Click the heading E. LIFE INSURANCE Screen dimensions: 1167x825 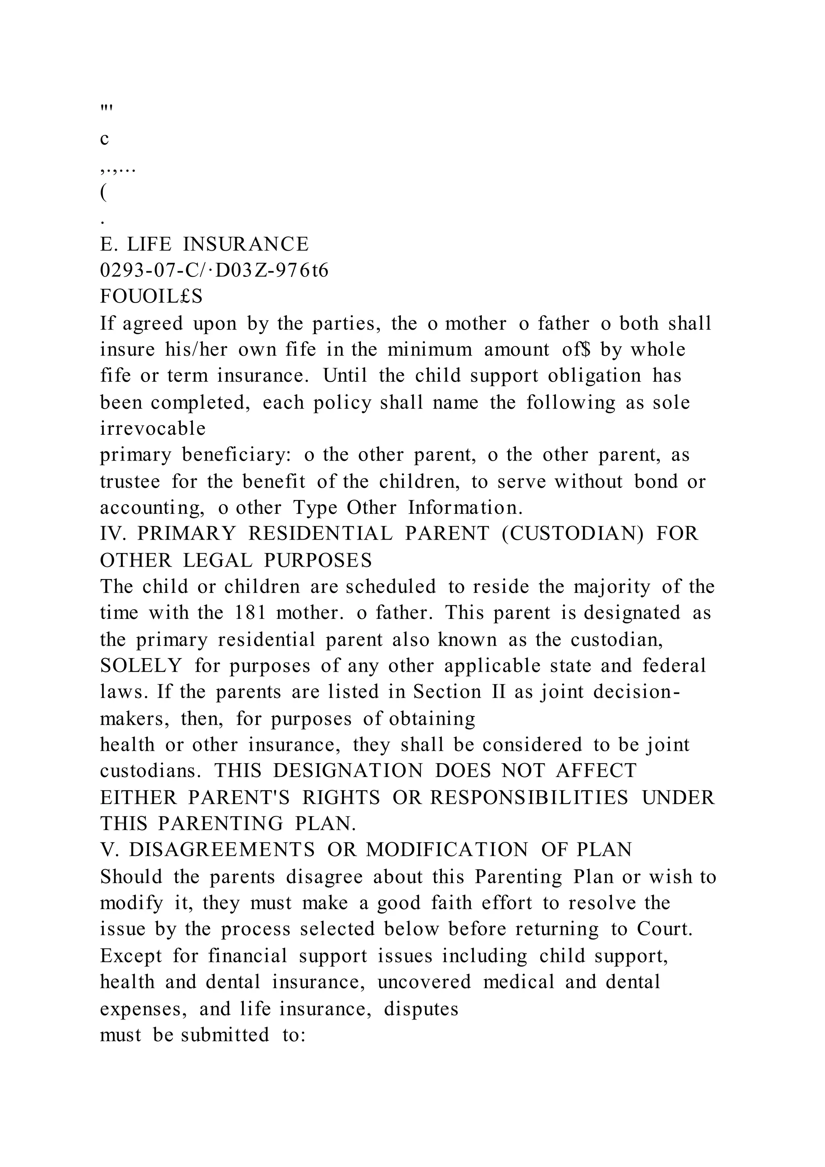tap(204, 245)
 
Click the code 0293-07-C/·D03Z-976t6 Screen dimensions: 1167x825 tap(214, 271)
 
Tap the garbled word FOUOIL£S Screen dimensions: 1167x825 tap(151, 297)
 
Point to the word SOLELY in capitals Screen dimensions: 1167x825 tap(141, 666)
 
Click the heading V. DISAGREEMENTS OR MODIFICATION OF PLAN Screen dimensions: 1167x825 tap(366, 850)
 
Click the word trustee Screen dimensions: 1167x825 tap(130, 481)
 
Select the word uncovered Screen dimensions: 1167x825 tap(424, 982)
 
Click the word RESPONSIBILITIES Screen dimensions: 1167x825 tap(529, 797)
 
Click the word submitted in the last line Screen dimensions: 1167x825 tap(224, 1035)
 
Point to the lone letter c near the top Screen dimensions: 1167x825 tap(105, 139)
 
